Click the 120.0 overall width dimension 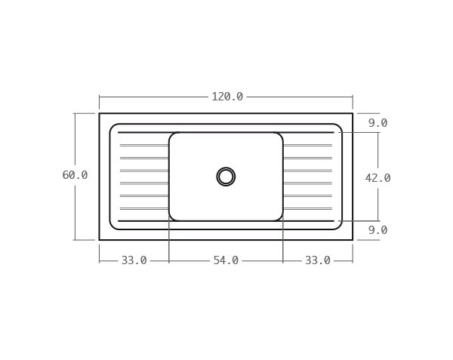tap(226, 97)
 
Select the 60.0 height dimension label tap(75, 175)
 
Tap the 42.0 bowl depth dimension tap(377, 178)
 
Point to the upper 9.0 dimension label tap(377, 123)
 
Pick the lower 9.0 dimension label tap(377, 230)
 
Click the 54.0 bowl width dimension tap(226, 260)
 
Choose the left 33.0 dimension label tap(134, 260)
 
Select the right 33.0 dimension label tap(317, 260)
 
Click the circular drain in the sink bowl tap(226, 177)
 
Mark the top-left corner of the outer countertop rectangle tap(99, 113)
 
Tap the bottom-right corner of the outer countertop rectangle tap(353, 240)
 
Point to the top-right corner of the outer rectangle tap(353, 113)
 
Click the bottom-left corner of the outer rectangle tap(99, 240)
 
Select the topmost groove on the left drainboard tap(143, 145)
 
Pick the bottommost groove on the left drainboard tap(143, 209)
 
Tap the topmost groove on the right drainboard tap(307, 145)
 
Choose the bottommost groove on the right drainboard tap(307, 209)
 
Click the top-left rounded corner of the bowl tap(172, 136)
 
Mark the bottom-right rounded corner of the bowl tap(279, 217)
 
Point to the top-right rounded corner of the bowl tap(279, 136)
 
